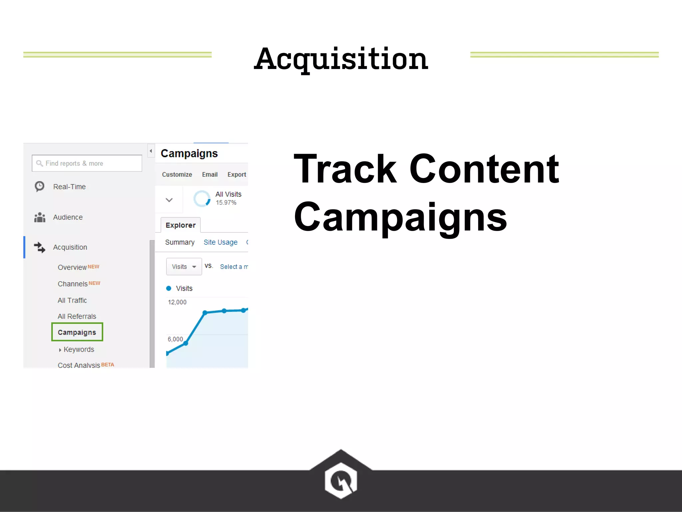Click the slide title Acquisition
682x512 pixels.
pyautogui.click(x=341, y=59)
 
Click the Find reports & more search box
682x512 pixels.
pyautogui.click(x=87, y=163)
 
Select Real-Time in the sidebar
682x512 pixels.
pyautogui.click(x=69, y=187)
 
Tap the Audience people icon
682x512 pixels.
pyautogui.click(x=40, y=217)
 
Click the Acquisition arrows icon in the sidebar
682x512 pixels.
pyautogui.click(x=40, y=247)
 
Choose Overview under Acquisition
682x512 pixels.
pyautogui.click(x=72, y=267)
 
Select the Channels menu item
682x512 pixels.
pyautogui.click(x=73, y=284)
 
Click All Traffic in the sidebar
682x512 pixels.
pyautogui.click(x=72, y=300)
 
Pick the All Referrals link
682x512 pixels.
pyautogui.click(x=77, y=316)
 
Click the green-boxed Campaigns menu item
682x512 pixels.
pyautogui.click(x=77, y=332)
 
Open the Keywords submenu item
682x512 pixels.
pyautogui.click(x=79, y=349)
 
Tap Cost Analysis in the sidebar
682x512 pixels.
pyautogui.click(x=79, y=365)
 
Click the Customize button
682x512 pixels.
pyautogui.click(x=177, y=174)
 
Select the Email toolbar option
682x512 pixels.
pyautogui.click(x=210, y=174)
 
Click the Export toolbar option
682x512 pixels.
pyautogui.click(x=237, y=174)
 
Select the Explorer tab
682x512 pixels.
pyautogui.click(x=180, y=225)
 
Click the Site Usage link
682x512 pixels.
pyautogui.click(x=220, y=242)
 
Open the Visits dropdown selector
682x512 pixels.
pyautogui.click(x=184, y=267)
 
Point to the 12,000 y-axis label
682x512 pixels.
pyautogui.click(x=177, y=302)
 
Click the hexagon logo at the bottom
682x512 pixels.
pyautogui.click(x=341, y=480)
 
